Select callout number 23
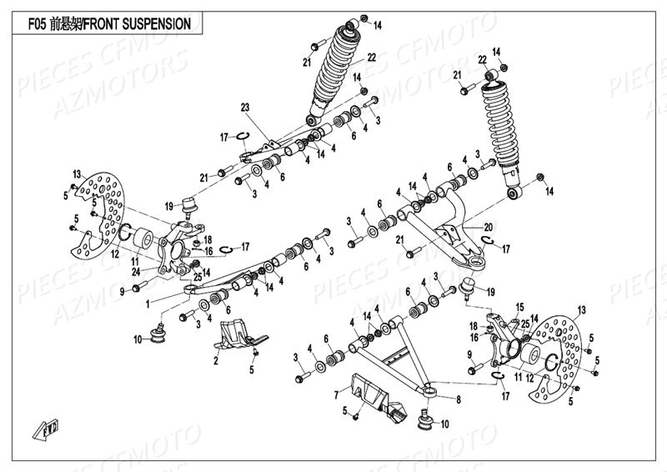click(246, 107)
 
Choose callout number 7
click(336, 394)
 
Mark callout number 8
click(458, 399)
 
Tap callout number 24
click(135, 270)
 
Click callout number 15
click(519, 307)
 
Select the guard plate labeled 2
click(238, 337)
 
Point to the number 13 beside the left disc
click(78, 173)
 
